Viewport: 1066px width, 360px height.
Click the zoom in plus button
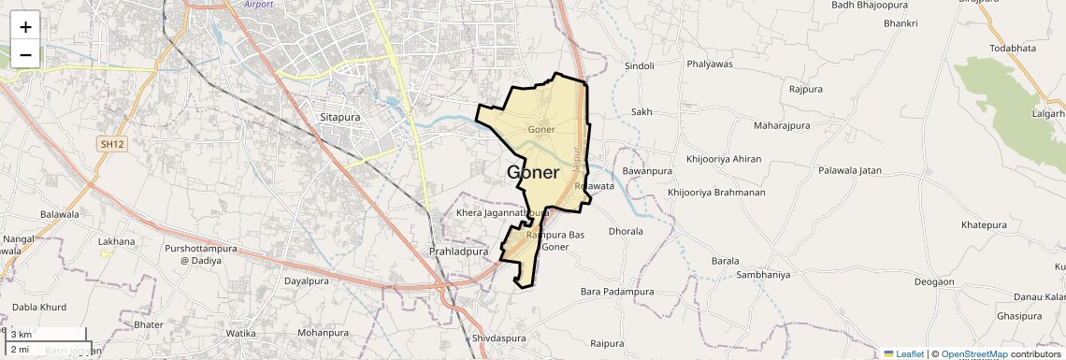(x=25, y=27)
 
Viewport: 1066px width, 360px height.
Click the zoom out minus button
(x=25, y=54)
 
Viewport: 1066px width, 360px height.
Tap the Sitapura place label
(x=340, y=119)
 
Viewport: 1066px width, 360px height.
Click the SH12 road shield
(x=111, y=144)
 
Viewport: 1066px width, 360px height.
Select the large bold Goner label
(x=533, y=172)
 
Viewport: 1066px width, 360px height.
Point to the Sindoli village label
(x=640, y=66)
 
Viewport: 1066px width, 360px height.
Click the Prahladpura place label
(x=458, y=252)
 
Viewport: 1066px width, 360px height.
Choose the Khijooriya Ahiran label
(x=724, y=159)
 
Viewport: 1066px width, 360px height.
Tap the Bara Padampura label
(x=617, y=292)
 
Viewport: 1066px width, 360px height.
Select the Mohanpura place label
(x=322, y=332)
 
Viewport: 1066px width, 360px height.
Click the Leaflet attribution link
(x=903, y=354)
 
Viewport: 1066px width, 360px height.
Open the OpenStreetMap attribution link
(x=974, y=354)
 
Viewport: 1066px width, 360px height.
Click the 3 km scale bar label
(x=22, y=334)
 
